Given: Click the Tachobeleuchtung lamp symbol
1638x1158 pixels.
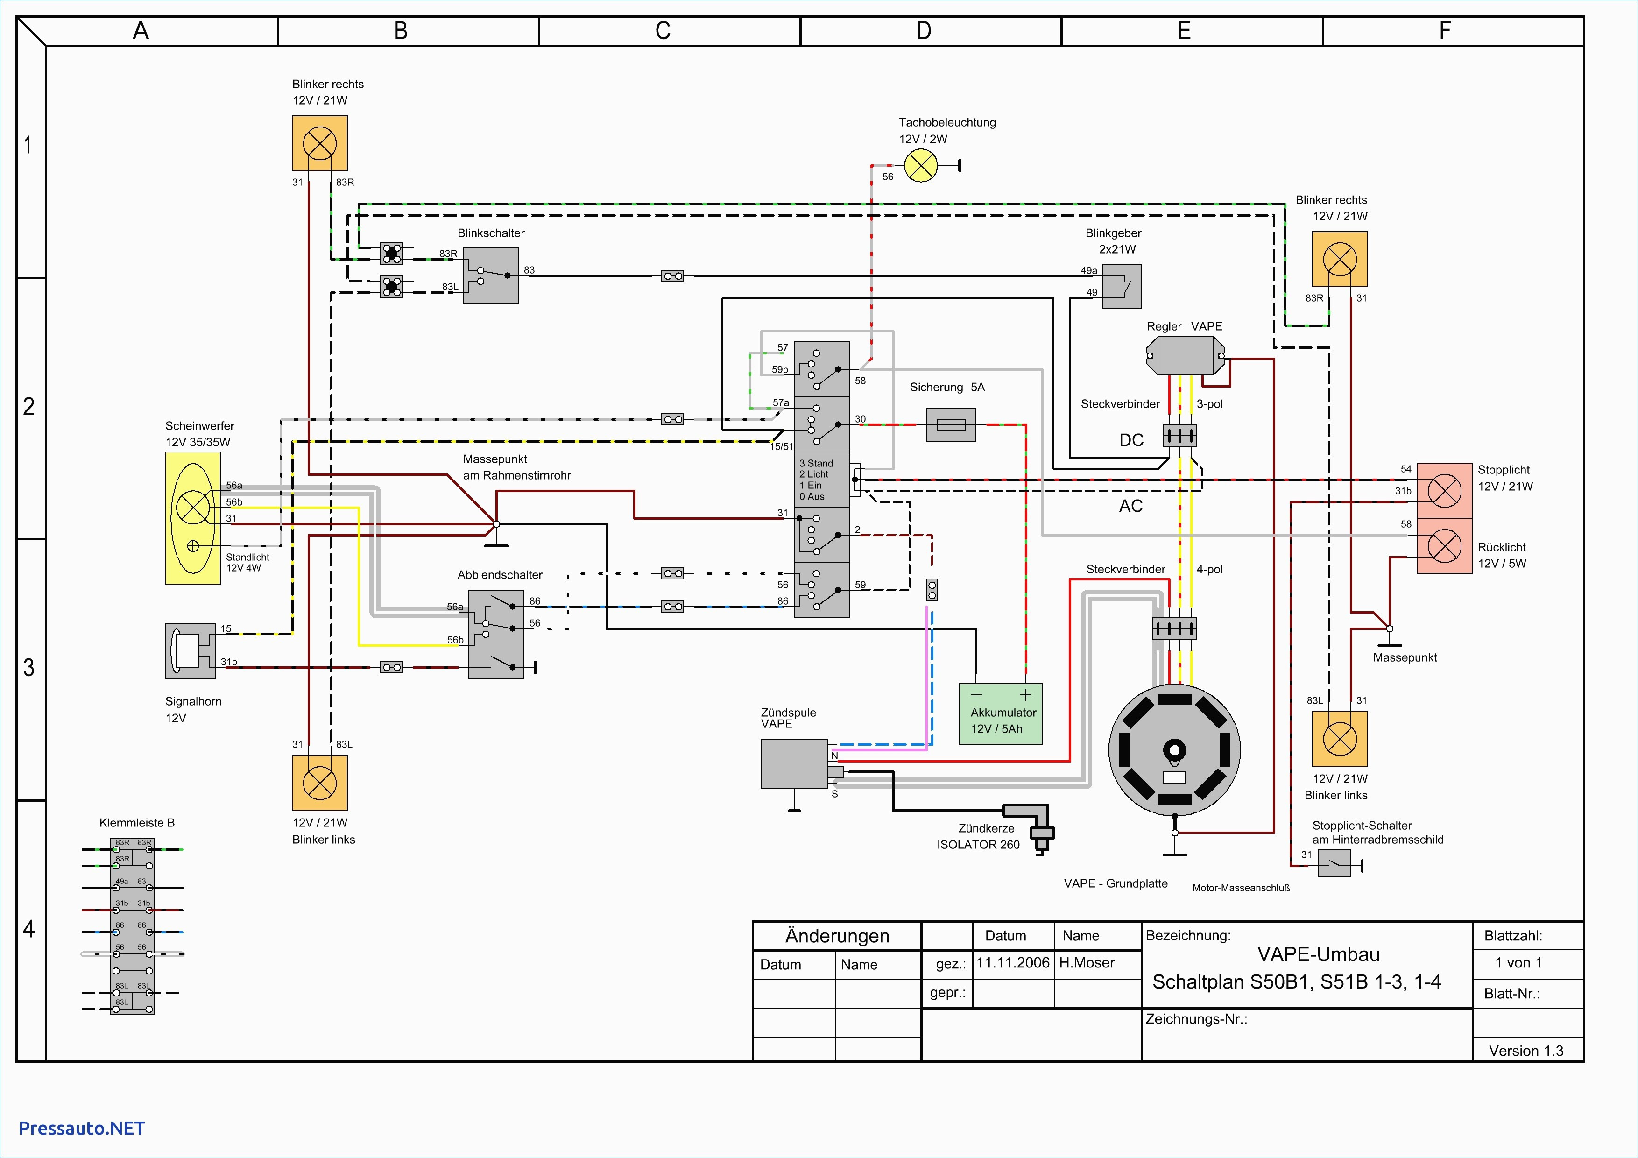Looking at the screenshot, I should [920, 166].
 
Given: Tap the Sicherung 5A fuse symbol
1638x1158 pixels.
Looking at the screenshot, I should [950, 424].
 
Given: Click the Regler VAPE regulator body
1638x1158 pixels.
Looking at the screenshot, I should [1185, 354].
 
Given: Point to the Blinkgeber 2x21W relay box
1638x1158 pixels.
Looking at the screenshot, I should [1122, 286].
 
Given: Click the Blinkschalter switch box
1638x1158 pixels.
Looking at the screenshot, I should [490, 275].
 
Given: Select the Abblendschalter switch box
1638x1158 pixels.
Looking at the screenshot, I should [496, 634].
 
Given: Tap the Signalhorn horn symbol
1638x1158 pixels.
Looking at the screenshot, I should [189, 650].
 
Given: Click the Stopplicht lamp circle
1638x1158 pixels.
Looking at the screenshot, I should [1444, 491].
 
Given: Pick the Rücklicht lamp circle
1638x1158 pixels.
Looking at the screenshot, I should [1444, 546].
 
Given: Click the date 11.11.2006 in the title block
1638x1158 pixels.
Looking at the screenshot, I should [1012, 962].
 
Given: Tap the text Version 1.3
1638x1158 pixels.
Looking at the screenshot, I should [1526, 1050].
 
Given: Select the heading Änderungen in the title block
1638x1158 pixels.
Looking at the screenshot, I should [837, 935].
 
